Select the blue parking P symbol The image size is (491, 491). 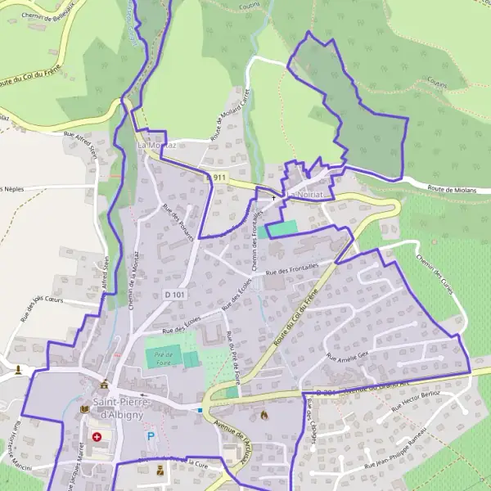pyautogui.click(x=150, y=437)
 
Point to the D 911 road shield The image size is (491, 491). pyautogui.click(x=215, y=177)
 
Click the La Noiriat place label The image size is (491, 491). pyautogui.click(x=308, y=195)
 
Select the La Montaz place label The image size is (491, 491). pyautogui.click(x=157, y=146)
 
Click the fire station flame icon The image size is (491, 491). pyautogui.click(x=263, y=415)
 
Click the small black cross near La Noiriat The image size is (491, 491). pyautogui.click(x=273, y=198)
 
